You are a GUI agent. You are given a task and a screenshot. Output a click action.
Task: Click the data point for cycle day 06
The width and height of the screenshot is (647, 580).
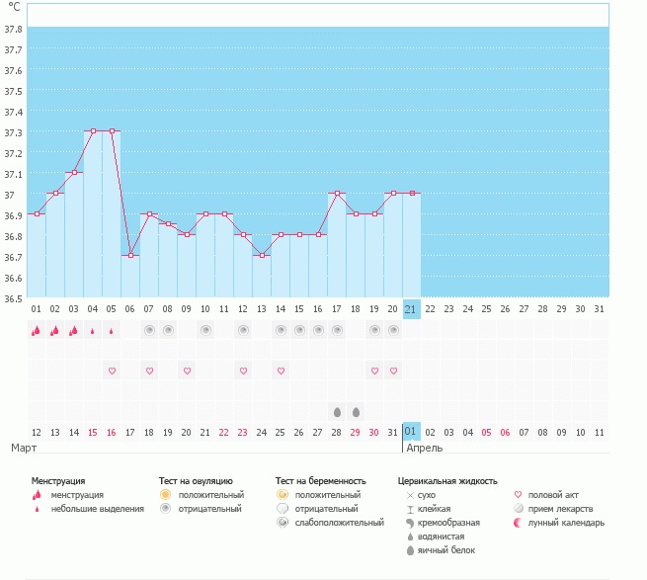130,256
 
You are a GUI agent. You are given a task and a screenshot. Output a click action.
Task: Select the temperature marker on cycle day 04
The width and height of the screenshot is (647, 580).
93,130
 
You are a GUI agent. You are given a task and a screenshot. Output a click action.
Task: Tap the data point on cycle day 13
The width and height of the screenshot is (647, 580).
262,256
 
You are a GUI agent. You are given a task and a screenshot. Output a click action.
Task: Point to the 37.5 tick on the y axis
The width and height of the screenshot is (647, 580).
13,91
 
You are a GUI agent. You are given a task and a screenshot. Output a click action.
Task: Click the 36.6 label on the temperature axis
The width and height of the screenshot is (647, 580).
13,279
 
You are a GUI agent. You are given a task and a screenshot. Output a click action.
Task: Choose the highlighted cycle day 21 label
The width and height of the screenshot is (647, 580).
411,309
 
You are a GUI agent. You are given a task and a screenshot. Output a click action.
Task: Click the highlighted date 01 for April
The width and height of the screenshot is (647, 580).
411,432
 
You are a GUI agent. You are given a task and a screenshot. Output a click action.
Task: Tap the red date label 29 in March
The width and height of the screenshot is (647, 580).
356,433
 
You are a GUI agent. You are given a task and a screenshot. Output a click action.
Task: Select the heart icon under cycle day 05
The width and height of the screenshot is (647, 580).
112,371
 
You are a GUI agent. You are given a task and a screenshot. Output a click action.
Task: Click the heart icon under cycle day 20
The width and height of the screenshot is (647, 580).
393,371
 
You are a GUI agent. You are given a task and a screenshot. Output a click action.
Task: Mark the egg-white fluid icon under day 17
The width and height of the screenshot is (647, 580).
337,412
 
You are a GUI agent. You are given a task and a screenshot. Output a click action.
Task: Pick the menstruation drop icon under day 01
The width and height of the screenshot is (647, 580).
37,331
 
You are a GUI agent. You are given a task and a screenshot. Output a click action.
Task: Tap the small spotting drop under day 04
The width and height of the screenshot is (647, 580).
93,331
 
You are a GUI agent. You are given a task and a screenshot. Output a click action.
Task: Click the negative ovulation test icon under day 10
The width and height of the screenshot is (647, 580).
205,330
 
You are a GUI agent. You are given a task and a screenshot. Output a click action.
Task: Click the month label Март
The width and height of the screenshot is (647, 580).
24,448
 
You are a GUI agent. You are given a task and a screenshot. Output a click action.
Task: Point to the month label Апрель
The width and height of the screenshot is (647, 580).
424,449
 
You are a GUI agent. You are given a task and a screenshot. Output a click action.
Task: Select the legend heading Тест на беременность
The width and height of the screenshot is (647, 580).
321,481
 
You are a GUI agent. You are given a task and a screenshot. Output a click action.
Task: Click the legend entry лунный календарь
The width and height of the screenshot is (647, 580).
566,523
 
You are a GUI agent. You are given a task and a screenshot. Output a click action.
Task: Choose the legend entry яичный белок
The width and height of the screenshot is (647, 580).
446,550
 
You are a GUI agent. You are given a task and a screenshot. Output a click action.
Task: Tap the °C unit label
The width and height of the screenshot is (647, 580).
14,7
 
